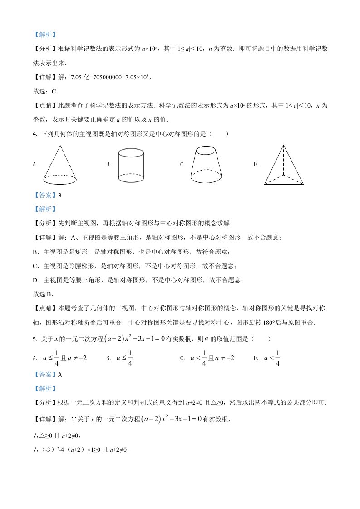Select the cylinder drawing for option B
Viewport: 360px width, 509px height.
(x=131, y=165)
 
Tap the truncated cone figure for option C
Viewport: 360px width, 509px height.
(x=206, y=165)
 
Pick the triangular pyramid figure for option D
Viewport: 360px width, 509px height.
(x=284, y=165)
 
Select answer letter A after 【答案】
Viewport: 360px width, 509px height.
(x=59, y=374)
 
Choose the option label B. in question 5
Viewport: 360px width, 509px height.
(x=109, y=358)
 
